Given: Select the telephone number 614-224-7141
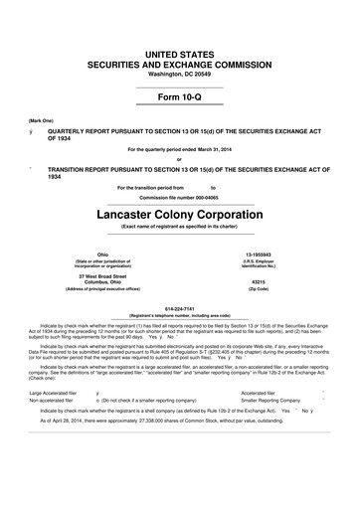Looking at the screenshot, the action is click(x=180, y=308).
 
